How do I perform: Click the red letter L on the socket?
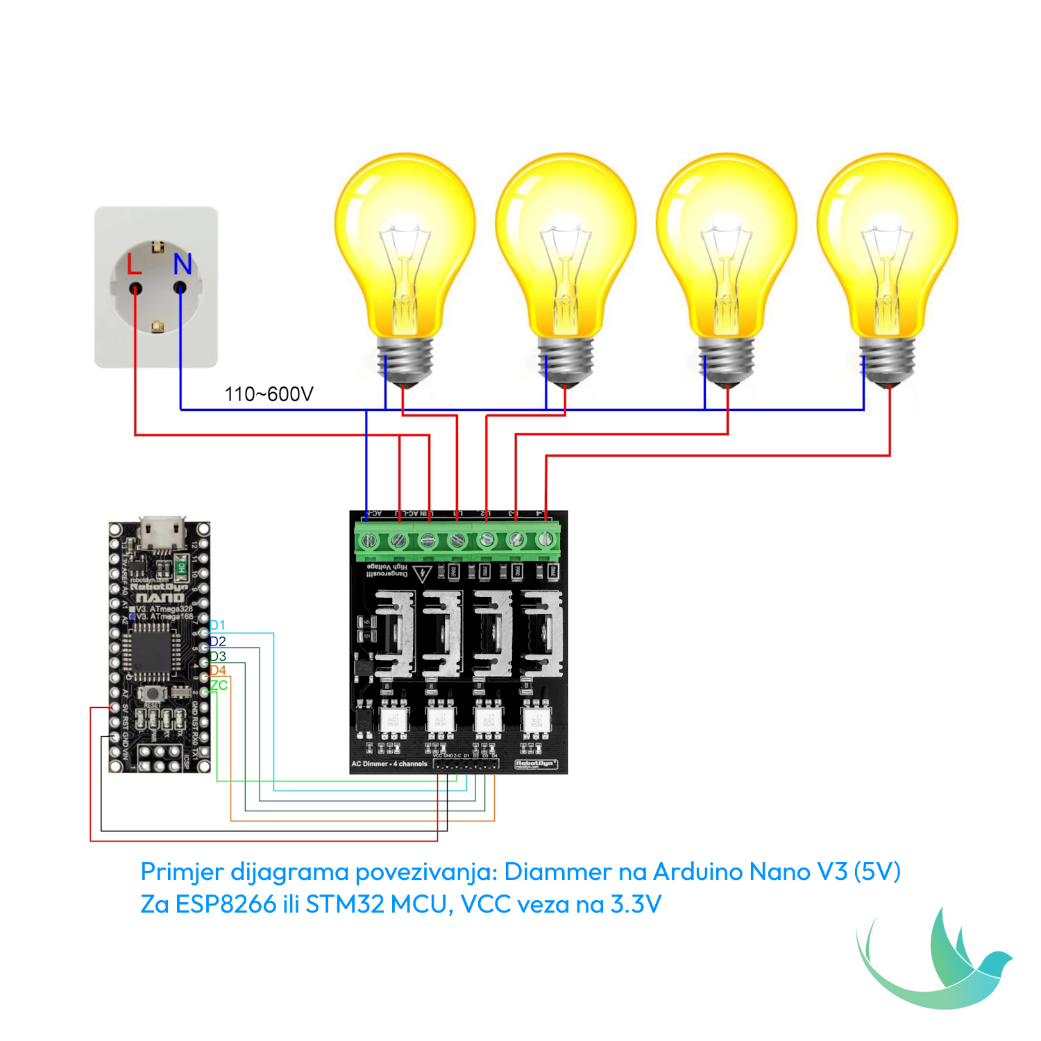coord(134,264)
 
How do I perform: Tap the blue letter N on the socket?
coord(183,264)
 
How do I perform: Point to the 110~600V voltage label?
coord(269,394)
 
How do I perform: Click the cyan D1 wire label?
coord(217,625)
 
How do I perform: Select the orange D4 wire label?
coord(218,670)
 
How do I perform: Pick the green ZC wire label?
coord(219,685)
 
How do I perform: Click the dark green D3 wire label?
coord(218,656)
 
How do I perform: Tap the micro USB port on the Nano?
coord(161,532)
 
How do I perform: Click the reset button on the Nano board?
coord(151,693)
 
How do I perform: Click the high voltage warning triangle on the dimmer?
coord(422,574)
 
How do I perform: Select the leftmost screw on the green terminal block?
coord(369,539)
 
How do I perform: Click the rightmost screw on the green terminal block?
coord(545,539)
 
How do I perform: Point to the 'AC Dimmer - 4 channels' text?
coord(389,764)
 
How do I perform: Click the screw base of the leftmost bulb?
coord(405,361)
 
